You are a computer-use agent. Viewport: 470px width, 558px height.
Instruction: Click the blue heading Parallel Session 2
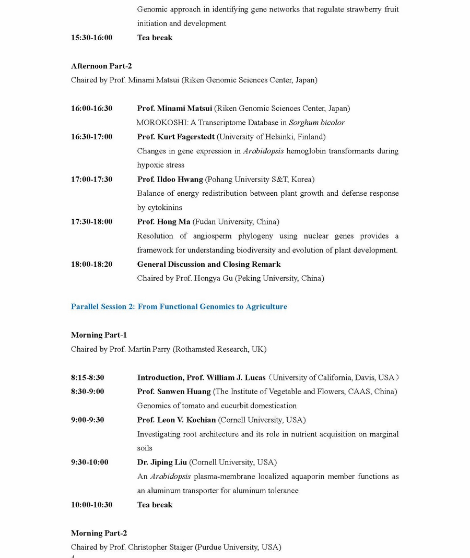coord(179,306)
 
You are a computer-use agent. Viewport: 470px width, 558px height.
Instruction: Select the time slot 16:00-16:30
coord(91,109)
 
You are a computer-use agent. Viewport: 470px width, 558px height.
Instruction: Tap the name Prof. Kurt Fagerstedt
coord(175,137)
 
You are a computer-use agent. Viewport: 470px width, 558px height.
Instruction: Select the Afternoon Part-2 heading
coord(101,66)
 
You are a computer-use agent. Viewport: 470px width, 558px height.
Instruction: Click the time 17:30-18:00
coord(91,222)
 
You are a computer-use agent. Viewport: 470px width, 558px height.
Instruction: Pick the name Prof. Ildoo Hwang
coord(170,180)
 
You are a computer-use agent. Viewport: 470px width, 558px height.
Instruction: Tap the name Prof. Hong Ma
coord(163,222)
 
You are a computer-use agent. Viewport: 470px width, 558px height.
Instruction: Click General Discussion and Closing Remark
coord(209,264)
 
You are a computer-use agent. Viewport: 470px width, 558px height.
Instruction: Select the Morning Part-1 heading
coord(99,335)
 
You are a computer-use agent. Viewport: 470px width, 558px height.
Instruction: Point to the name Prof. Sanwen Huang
coord(174,391)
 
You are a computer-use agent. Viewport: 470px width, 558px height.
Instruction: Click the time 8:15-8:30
coord(87,377)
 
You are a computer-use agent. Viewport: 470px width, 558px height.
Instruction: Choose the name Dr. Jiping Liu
coord(162,462)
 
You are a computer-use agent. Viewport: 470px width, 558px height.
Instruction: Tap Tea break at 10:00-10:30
coord(155,505)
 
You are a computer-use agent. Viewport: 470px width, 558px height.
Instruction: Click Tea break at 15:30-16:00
coord(155,38)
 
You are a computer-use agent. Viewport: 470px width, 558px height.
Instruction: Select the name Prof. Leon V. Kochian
coord(177,420)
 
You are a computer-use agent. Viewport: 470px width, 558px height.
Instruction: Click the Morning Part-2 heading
coord(99,533)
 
